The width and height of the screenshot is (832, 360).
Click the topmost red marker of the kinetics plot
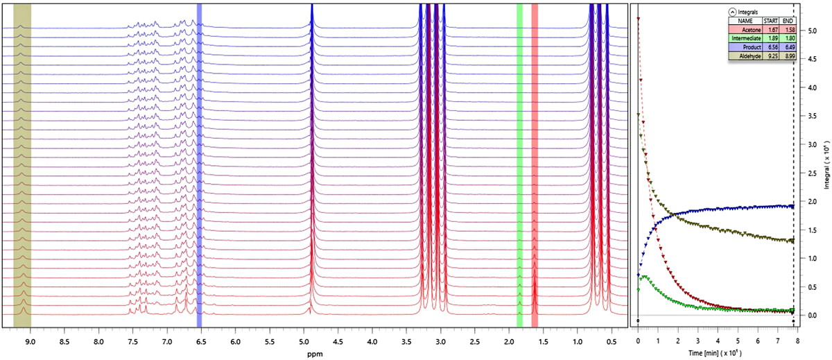point(637,19)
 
